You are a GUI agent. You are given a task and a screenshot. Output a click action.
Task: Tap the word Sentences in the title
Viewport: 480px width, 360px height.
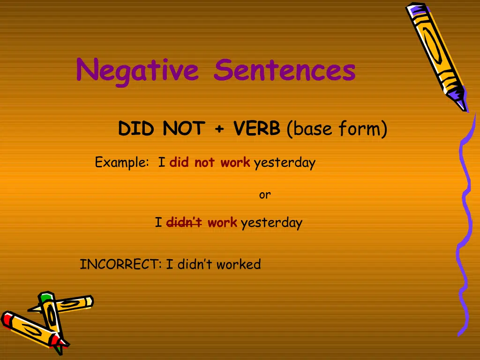click(x=285, y=70)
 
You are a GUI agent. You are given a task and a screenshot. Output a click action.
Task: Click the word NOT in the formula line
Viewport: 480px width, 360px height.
click(x=184, y=128)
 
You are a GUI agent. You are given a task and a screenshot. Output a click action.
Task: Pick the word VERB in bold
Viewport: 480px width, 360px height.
click(x=257, y=128)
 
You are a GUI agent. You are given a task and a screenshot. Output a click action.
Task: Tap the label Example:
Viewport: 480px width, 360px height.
click(x=121, y=163)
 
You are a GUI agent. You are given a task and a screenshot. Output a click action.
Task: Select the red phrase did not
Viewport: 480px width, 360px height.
click(x=192, y=163)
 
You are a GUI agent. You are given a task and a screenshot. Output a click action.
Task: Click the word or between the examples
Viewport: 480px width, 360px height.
click(x=265, y=195)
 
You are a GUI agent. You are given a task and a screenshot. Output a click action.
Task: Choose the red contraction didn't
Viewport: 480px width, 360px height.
click(x=184, y=223)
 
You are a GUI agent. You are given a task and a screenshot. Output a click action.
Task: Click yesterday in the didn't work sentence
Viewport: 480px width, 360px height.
click(x=271, y=223)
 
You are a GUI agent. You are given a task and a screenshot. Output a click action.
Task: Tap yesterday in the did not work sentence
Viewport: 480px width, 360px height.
click(x=285, y=163)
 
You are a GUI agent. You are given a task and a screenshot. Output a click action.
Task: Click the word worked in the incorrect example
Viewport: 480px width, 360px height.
click(x=238, y=264)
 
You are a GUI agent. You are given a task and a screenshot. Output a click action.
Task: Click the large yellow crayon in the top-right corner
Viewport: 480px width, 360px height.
click(x=434, y=49)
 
